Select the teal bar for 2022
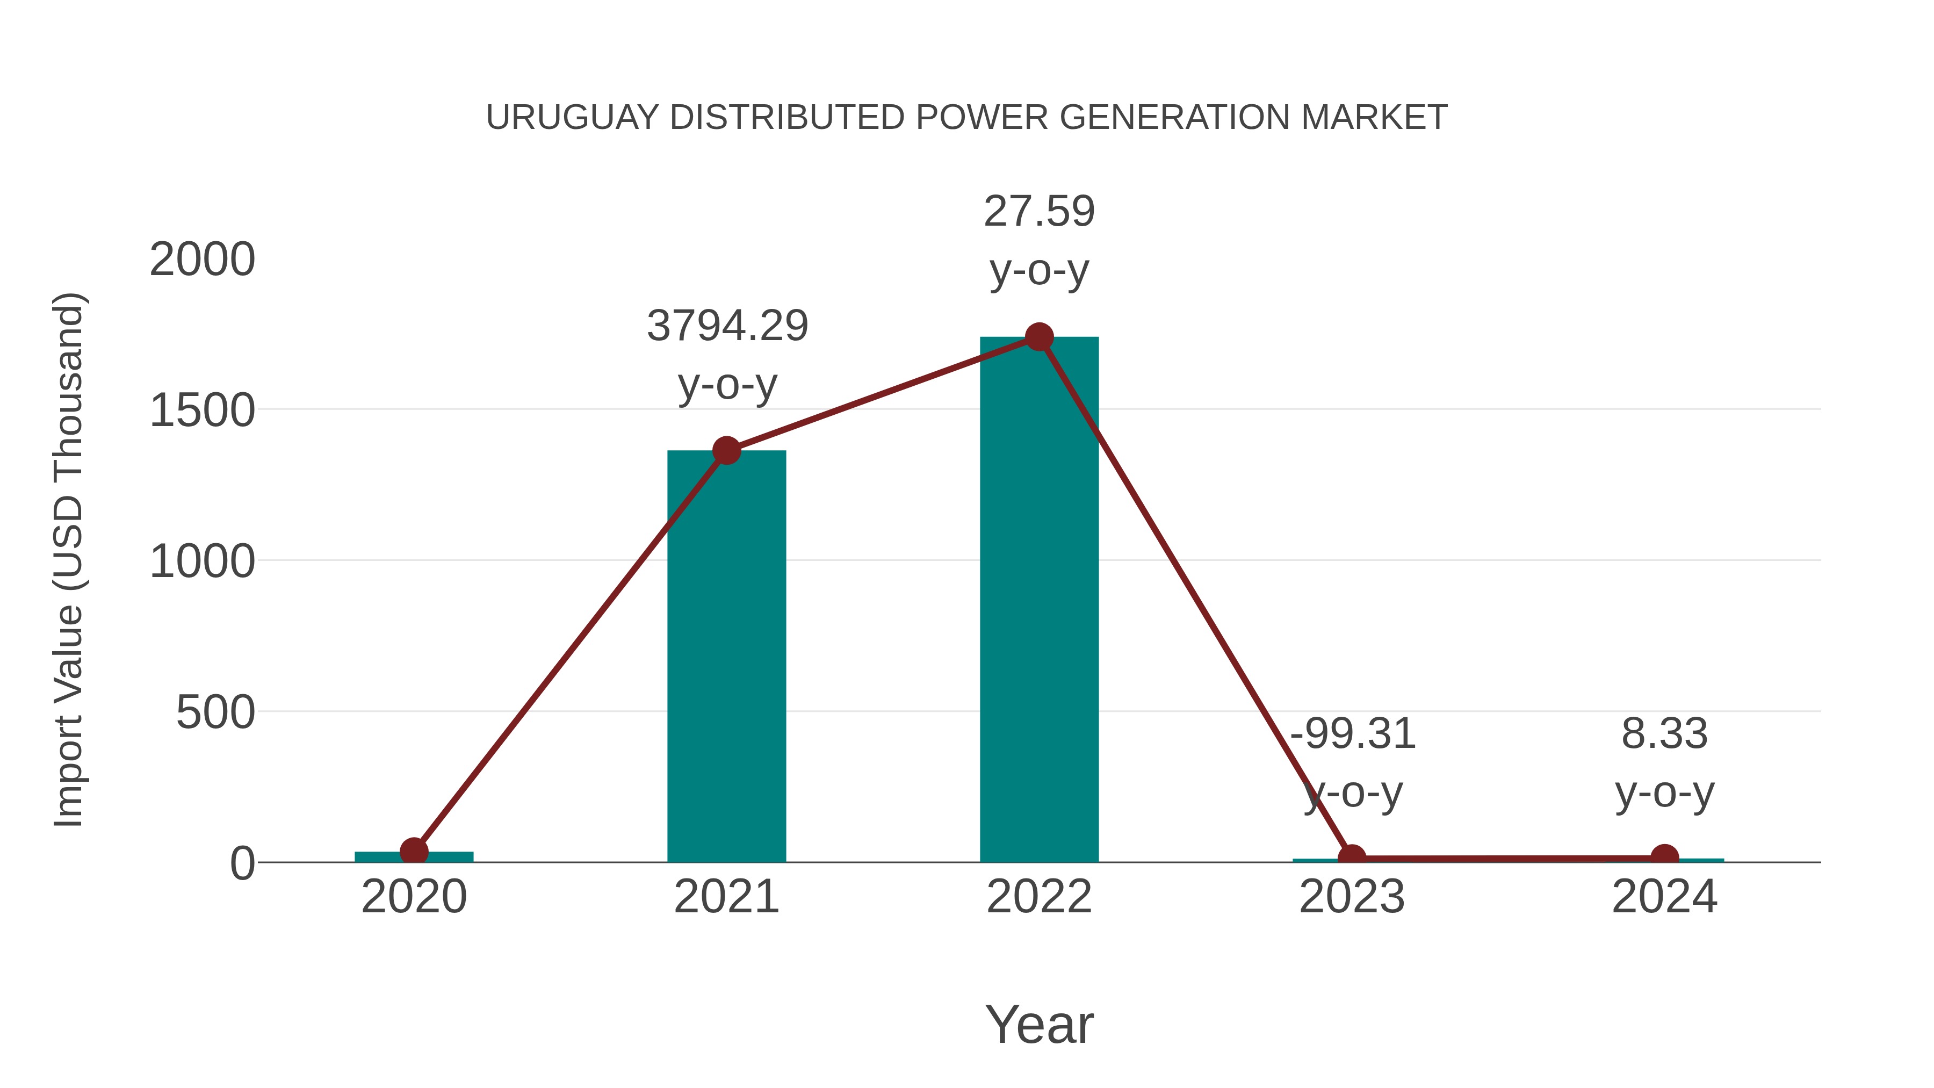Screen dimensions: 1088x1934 coord(1039,601)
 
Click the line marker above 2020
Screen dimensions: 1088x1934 coord(414,852)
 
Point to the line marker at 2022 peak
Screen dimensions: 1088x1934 coord(1039,337)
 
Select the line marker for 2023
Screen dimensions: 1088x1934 coord(1352,858)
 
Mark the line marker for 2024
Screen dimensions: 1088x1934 coord(1664,858)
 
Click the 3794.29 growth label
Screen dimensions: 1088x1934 coord(727,326)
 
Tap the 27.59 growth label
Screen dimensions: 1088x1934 coord(1039,211)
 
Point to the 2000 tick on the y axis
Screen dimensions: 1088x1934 coord(203,260)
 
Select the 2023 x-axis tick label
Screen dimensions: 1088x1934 coord(1352,897)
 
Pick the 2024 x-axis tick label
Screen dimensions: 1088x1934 coord(1664,897)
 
